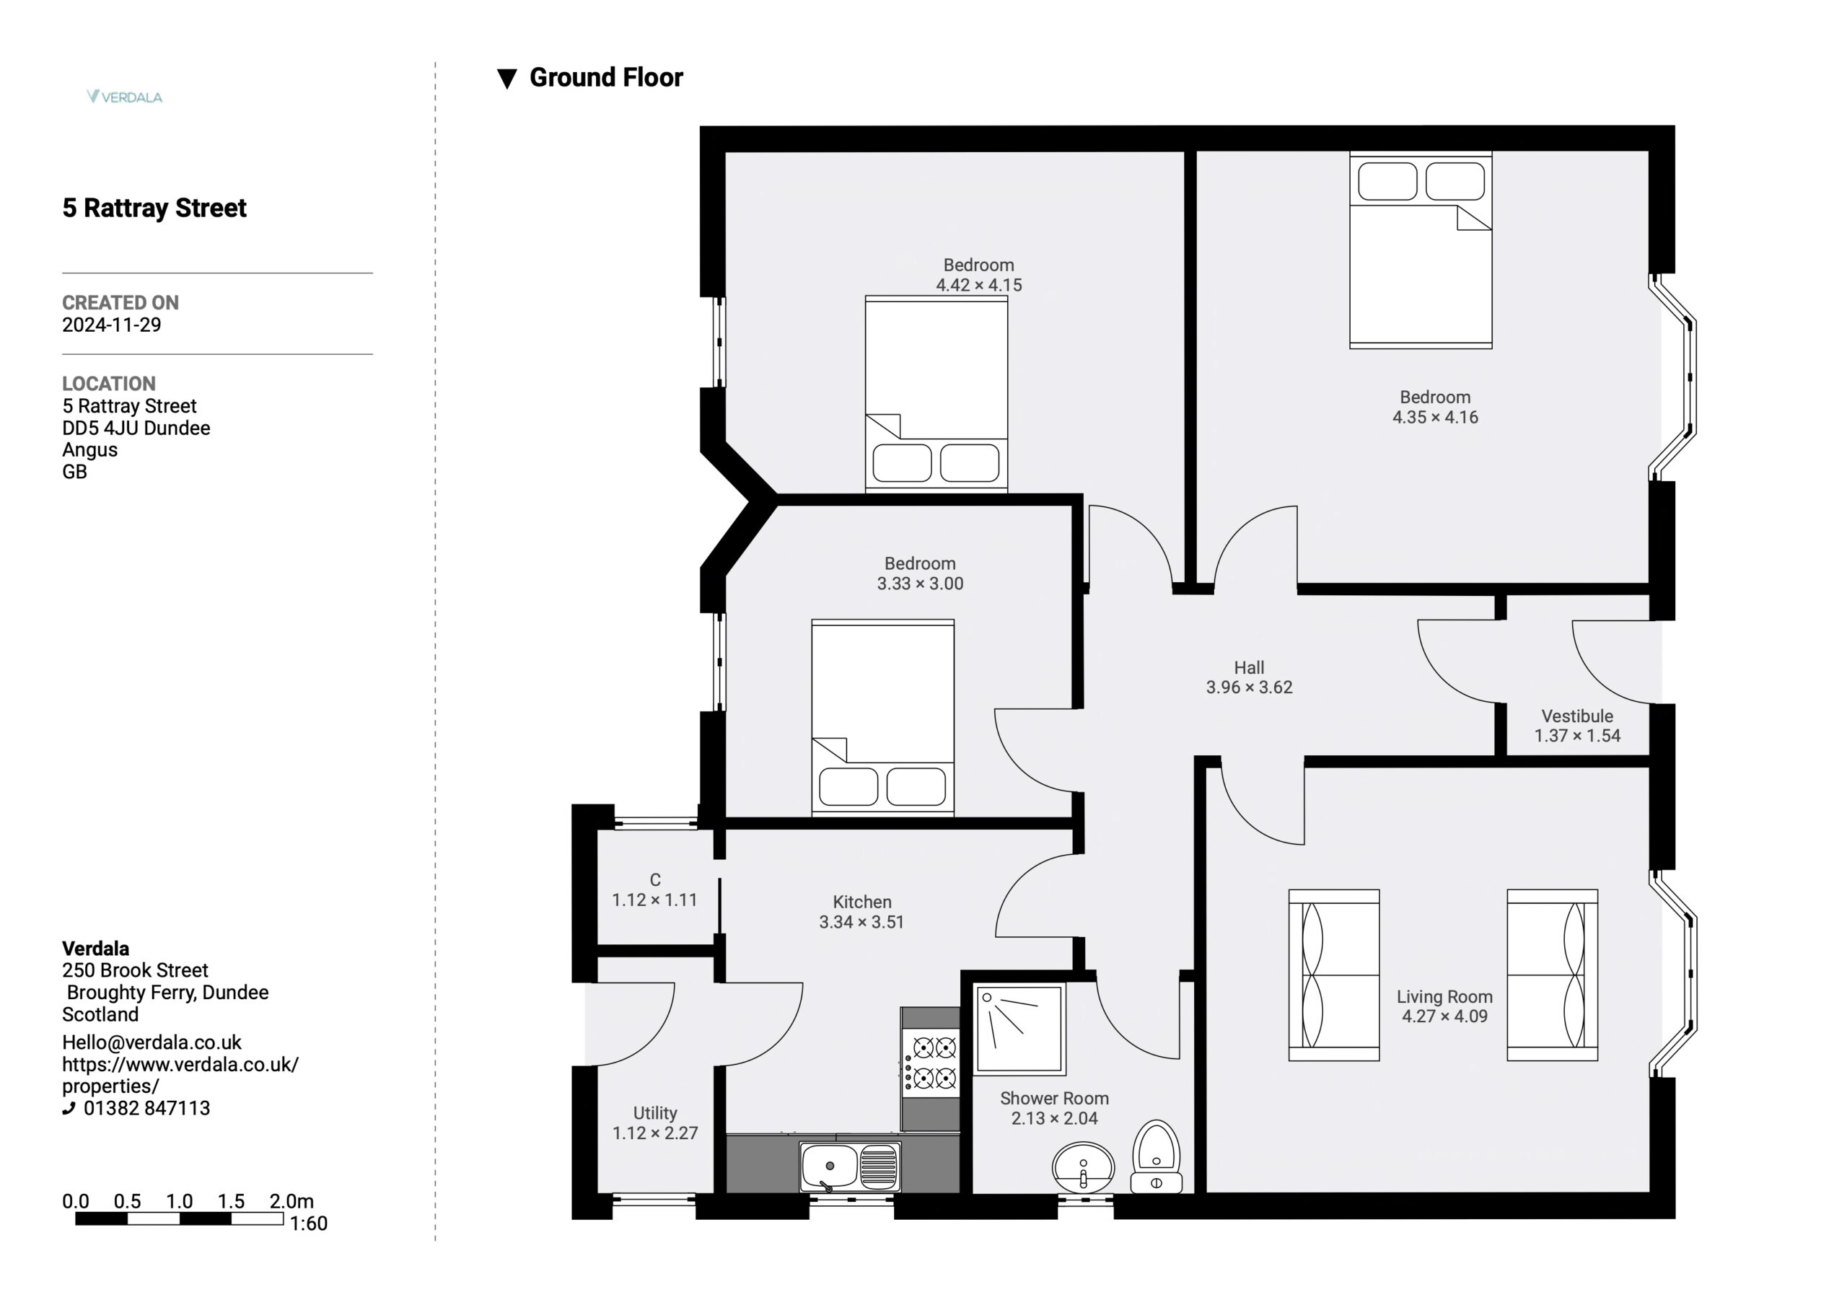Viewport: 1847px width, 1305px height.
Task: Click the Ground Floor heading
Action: click(606, 78)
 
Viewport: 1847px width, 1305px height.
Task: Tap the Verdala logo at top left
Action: click(125, 97)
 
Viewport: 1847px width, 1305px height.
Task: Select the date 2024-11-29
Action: click(112, 325)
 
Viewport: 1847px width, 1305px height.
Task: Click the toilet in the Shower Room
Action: click(1156, 1156)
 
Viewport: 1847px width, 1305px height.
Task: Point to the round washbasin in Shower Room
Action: click(1083, 1167)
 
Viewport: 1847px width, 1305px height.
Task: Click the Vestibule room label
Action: click(1576, 716)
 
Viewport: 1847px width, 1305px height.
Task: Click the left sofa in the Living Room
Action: click(1334, 975)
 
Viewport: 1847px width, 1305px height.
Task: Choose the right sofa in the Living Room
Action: click(1552, 975)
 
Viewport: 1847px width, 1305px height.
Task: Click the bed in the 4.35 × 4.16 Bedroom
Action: click(1421, 250)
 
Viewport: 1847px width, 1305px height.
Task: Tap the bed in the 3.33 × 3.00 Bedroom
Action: click(882, 718)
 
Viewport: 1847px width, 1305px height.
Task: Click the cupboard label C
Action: click(655, 880)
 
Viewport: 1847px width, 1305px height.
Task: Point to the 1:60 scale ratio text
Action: click(308, 1223)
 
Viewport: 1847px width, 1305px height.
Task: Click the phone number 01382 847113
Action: click(146, 1108)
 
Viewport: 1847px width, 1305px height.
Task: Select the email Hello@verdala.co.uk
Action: click(152, 1042)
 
